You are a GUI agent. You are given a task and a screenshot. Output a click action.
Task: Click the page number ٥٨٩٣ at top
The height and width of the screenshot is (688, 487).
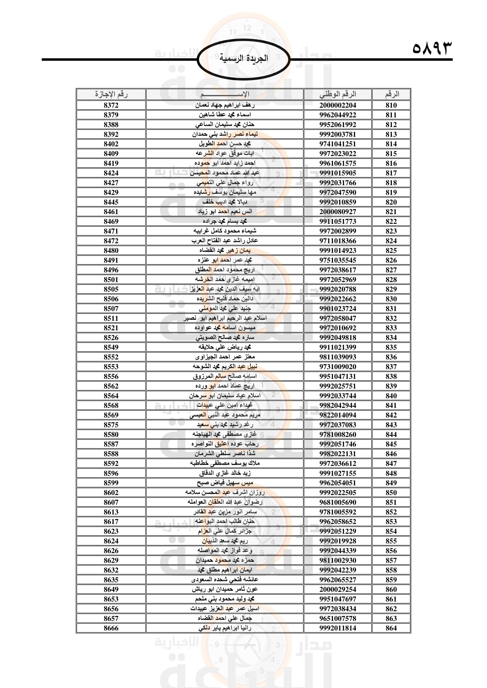pyautogui.click(x=432, y=48)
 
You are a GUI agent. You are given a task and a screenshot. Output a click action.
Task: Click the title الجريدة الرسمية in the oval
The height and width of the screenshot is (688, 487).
pyautogui.click(x=243, y=58)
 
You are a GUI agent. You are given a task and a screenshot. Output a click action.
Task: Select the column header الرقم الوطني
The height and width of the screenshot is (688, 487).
pyautogui.click(x=338, y=94)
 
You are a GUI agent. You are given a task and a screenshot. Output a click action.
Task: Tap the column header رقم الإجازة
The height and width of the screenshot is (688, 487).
pyautogui.click(x=111, y=94)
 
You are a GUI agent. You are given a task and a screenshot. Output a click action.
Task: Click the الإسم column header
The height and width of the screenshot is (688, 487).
pyautogui.click(x=225, y=94)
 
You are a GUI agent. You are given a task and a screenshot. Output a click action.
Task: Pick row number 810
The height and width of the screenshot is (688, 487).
pyautogui.click(x=391, y=105)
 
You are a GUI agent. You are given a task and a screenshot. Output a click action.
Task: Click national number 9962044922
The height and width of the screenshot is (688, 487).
pyautogui.click(x=338, y=115)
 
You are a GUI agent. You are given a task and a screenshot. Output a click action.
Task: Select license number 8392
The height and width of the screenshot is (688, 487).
pyautogui.click(x=111, y=134)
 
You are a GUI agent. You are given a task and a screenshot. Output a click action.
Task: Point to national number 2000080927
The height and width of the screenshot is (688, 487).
pyautogui.click(x=338, y=211)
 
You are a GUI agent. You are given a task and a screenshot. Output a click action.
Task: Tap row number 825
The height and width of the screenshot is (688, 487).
pyautogui.click(x=391, y=251)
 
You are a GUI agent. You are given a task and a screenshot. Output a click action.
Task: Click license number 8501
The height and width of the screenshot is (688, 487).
pyautogui.click(x=111, y=279)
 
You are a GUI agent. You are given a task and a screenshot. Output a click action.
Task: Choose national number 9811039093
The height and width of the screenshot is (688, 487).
pyautogui.click(x=338, y=357)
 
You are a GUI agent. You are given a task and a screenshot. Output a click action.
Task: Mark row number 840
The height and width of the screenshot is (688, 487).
pyautogui.click(x=391, y=396)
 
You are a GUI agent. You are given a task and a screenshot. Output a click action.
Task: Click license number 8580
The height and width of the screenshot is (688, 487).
pyautogui.click(x=111, y=434)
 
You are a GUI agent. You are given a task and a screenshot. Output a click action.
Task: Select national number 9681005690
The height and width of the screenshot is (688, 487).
pyautogui.click(x=338, y=502)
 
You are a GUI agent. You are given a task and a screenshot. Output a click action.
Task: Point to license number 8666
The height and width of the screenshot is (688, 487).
pyautogui.click(x=111, y=628)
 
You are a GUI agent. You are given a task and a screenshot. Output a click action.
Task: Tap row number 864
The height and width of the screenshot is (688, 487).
pyautogui.click(x=391, y=628)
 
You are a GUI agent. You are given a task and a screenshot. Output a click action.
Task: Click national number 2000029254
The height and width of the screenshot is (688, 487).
pyautogui.click(x=338, y=589)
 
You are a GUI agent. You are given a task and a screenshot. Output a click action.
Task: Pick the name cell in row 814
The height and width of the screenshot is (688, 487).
pyautogui.click(x=225, y=144)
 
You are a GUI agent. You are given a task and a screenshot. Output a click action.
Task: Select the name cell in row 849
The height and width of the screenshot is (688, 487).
pyautogui.click(x=225, y=483)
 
